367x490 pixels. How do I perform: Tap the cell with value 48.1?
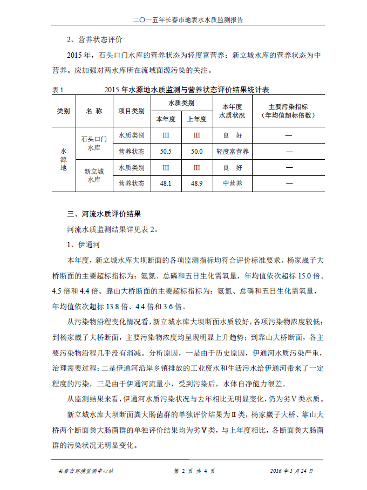click(x=166, y=183)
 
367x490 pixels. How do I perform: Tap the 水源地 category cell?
click(x=64, y=159)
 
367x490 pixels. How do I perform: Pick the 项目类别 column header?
click(x=131, y=111)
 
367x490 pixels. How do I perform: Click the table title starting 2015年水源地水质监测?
click(x=187, y=89)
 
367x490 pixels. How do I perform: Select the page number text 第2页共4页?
click(x=194, y=471)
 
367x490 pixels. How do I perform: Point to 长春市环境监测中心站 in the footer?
click(x=86, y=471)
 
